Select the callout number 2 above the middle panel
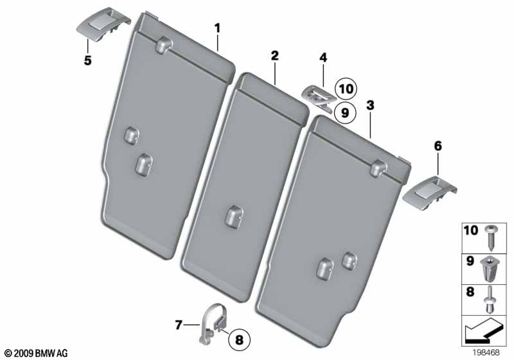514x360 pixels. pos(274,56)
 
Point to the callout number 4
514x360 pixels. pos(323,59)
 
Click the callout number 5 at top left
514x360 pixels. pos(88,61)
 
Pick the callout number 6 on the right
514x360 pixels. pos(438,147)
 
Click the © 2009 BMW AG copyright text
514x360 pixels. pos(35,353)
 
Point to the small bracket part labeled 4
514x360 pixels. pos(317,96)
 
